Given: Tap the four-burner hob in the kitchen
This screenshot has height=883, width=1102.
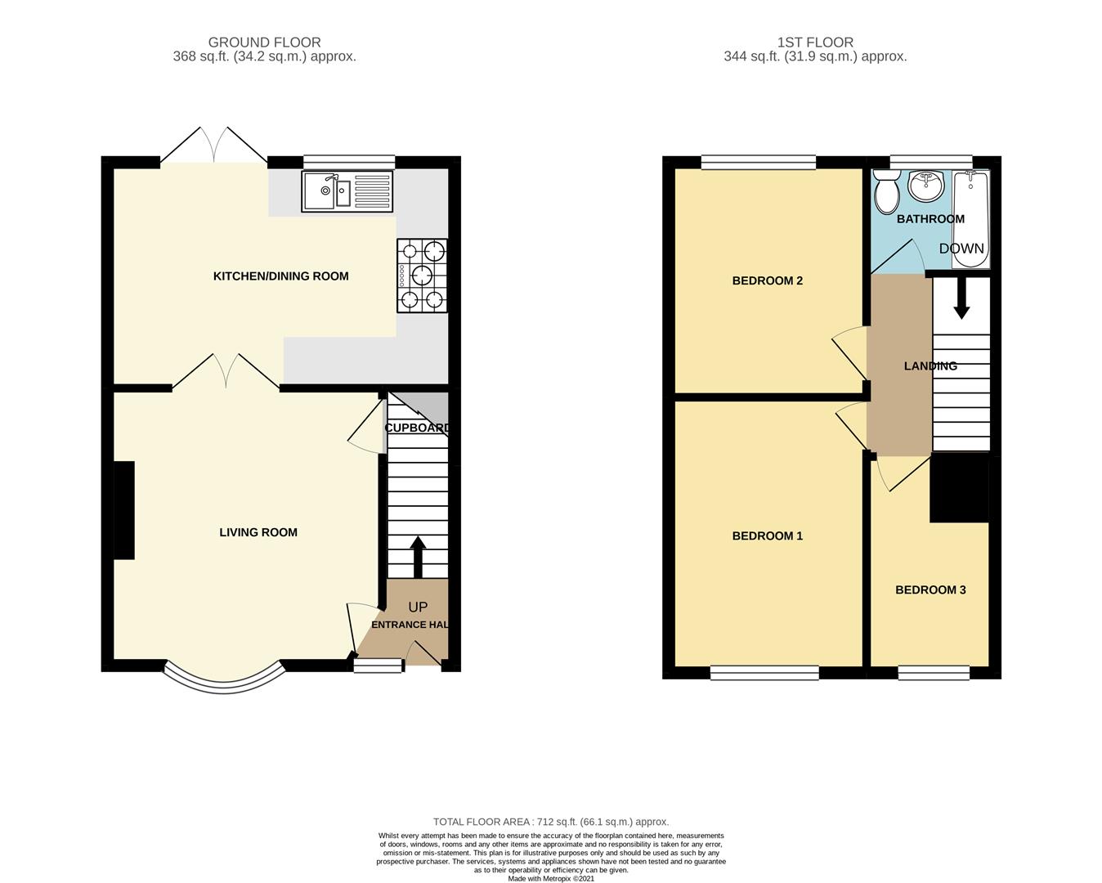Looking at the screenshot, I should [x=423, y=276].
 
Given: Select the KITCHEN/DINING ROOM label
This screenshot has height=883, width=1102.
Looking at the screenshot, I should [x=280, y=276].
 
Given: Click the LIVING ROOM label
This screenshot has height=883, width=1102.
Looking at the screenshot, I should [x=258, y=532].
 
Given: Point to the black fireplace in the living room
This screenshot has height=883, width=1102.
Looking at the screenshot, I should [x=123, y=510].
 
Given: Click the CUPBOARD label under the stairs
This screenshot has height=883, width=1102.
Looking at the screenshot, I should [x=417, y=428].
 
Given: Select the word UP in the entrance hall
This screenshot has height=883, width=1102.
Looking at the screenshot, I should [x=418, y=607].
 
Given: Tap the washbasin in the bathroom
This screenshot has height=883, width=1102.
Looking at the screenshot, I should [x=926, y=186].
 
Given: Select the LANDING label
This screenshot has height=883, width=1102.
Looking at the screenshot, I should [x=930, y=366].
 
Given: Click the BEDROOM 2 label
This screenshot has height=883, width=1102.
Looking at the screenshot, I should [x=767, y=280].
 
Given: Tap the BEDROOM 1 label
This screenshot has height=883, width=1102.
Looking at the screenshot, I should [x=767, y=536].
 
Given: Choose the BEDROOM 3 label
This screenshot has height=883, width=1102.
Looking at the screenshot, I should [x=930, y=589].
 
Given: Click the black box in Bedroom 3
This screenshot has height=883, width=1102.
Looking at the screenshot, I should [x=960, y=488].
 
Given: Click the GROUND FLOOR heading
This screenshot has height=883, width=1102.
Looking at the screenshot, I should [x=264, y=43].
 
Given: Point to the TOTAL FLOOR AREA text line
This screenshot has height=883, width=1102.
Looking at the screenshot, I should [x=551, y=822].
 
